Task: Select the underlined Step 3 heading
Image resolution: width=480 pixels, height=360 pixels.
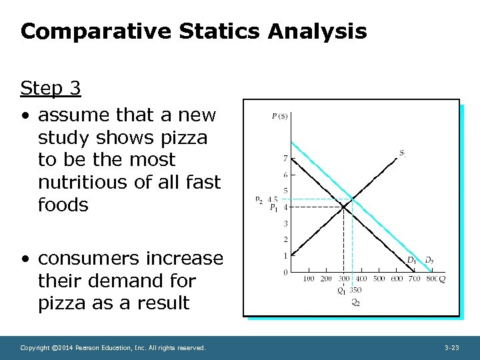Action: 51,88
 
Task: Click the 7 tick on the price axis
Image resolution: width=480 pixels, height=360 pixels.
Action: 285,159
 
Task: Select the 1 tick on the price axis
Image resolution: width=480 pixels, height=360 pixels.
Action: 285,256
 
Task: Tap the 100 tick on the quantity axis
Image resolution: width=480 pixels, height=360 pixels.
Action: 309,279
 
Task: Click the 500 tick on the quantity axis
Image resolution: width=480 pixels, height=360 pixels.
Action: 378,279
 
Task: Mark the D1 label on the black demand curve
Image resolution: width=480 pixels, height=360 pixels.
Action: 412,260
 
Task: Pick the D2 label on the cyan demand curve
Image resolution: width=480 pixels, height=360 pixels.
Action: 430,260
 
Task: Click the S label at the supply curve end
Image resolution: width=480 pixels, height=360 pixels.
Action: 402,153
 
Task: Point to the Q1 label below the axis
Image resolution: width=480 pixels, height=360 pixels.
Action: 341,291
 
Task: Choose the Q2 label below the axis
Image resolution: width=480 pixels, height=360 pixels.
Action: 355,303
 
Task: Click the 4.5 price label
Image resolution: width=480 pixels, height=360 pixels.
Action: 272,199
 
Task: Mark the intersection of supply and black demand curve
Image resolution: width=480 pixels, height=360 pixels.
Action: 343,207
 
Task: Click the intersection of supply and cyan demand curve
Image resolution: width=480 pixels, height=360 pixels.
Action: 353,199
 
